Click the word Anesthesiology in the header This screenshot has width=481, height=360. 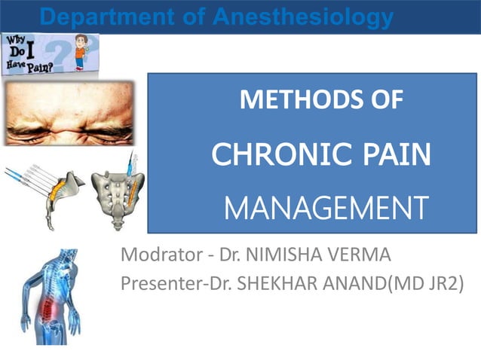tap(302, 16)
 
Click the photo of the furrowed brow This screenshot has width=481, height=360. tap(69, 113)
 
